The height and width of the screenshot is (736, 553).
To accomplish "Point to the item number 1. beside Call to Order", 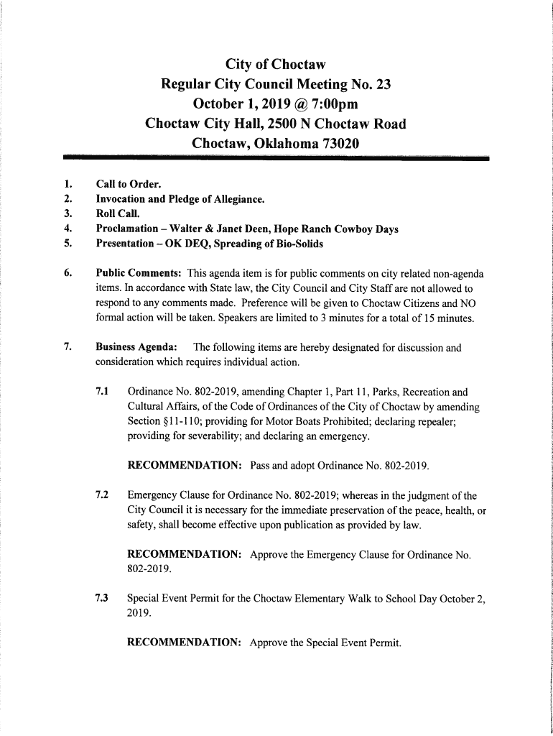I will click(x=67, y=183).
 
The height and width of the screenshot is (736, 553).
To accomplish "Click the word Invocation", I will click(x=121, y=198).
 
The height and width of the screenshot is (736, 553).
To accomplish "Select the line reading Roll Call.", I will click(x=118, y=213).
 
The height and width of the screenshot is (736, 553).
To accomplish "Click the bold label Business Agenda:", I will click(x=137, y=348).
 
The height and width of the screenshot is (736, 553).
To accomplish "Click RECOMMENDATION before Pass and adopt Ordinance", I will click(x=184, y=466).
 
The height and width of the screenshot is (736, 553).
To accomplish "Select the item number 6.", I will click(x=67, y=274).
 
